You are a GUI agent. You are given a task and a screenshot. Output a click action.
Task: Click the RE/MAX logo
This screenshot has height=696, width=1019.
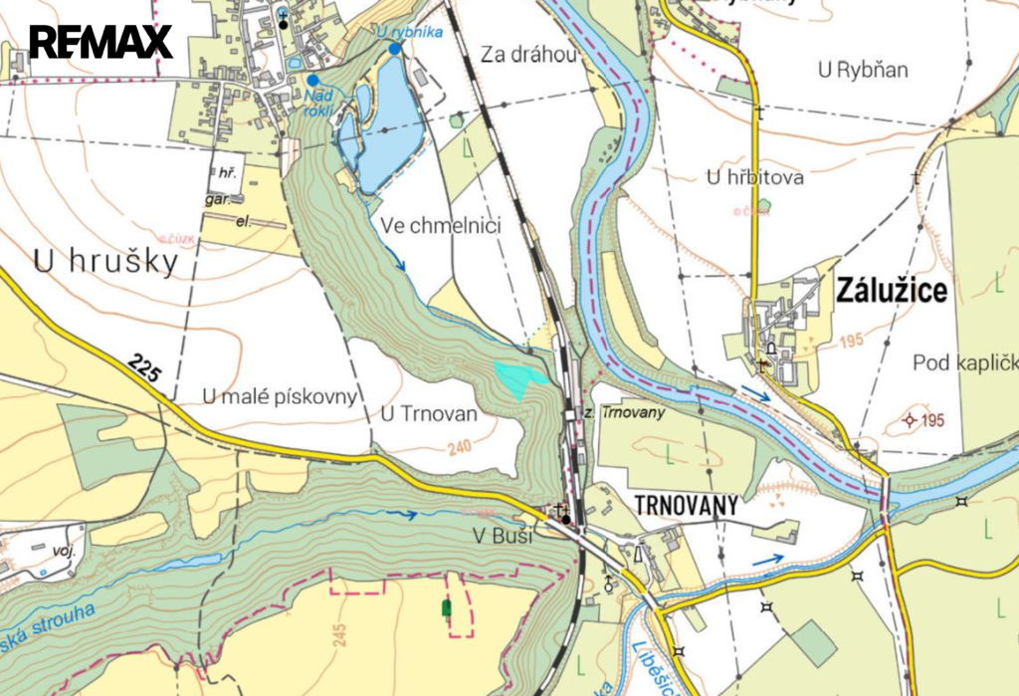click(101, 42)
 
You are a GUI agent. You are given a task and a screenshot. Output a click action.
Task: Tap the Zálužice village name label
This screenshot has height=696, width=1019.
click(892, 291)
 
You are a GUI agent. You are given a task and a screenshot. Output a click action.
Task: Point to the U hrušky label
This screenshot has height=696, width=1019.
click(105, 262)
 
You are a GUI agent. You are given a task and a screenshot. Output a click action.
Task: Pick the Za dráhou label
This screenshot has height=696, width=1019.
click(528, 56)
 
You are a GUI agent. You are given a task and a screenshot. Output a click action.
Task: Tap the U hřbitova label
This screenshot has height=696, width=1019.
click(753, 178)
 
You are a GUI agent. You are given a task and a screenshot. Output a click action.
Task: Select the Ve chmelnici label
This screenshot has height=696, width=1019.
click(441, 226)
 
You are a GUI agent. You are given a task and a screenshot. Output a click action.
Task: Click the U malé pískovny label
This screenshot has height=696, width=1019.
click(279, 397)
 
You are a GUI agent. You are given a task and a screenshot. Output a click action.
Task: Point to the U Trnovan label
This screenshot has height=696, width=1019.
click(429, 413)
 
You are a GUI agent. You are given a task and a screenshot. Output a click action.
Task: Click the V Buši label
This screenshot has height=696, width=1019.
click(503, 537)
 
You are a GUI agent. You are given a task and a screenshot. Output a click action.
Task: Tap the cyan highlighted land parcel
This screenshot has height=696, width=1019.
click(519, 378)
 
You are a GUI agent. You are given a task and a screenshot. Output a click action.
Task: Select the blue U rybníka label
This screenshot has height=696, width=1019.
click(408, 33)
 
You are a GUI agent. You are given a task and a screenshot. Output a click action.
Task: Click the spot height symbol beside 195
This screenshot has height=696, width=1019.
click(908, 420)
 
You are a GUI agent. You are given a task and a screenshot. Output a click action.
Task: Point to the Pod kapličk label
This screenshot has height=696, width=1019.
click(964, 362)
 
